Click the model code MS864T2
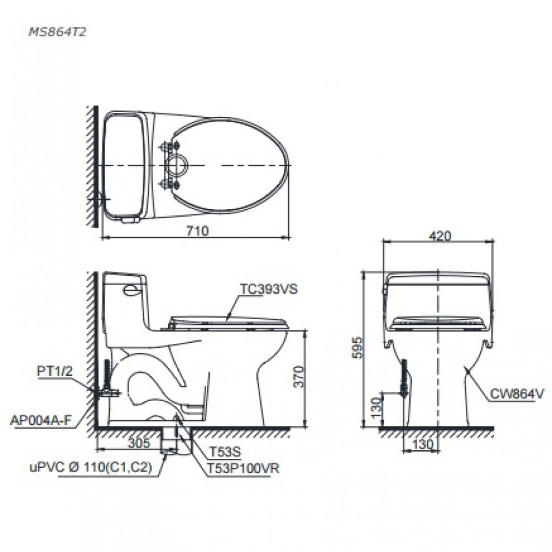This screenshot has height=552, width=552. (57, 32)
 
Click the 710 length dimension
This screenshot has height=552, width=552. (197, 231)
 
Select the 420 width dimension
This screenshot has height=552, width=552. (440, 236)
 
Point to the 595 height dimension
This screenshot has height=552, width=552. (358, 348)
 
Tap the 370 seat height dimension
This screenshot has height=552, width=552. (299, 376)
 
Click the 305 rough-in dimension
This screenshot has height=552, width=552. (139, 443)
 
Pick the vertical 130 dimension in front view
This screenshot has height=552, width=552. (376, 407)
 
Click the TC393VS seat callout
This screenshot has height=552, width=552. (268, 289)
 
